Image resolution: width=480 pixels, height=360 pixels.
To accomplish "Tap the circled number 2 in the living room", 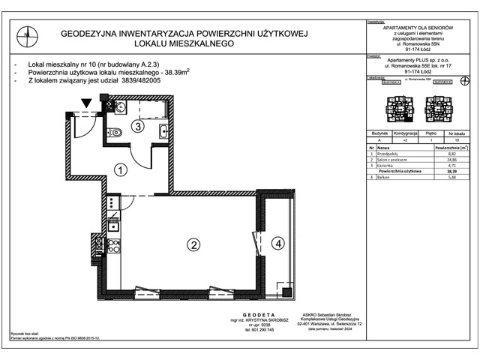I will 193,244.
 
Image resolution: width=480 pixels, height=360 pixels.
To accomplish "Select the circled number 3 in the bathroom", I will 138,126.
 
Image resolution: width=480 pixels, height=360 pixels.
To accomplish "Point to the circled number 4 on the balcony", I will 278,243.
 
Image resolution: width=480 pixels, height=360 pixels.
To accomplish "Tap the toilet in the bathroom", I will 115,133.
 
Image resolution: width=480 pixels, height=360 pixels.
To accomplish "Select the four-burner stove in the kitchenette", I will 112,202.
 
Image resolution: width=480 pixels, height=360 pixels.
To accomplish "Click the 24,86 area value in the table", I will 451,160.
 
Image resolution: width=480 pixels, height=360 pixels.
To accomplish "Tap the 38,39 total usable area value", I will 451,172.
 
